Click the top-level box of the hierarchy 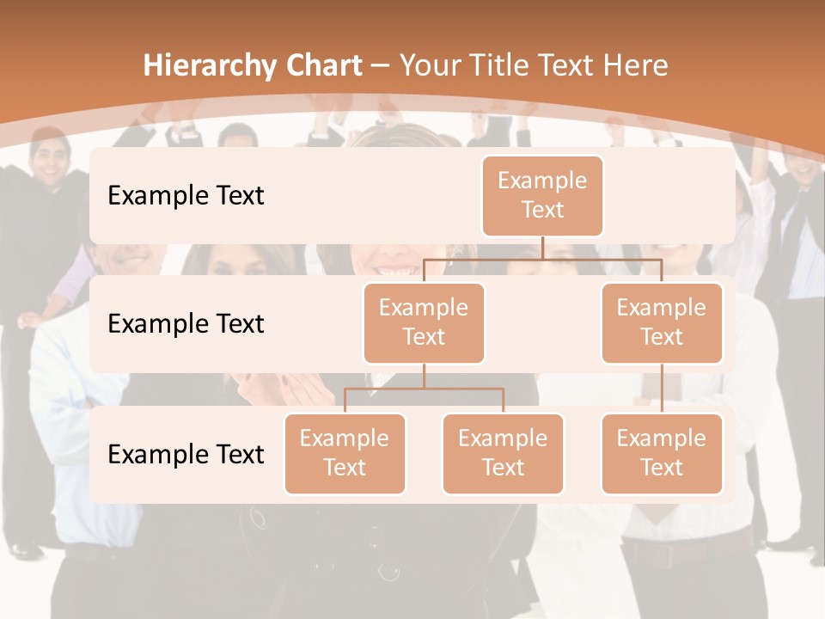coord(542,195)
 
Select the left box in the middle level coord(424,322)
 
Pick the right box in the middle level coord(662,322)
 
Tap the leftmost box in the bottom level coord(345,453)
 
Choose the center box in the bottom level coord(503,453)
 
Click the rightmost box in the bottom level coord(662,453)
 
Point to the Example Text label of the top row coord(186,195)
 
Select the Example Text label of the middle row coord(186,323)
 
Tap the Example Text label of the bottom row coord(186,454)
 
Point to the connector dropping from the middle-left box coord(424,377)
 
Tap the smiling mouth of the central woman coord(397,270)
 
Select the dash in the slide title coord(379,66)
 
